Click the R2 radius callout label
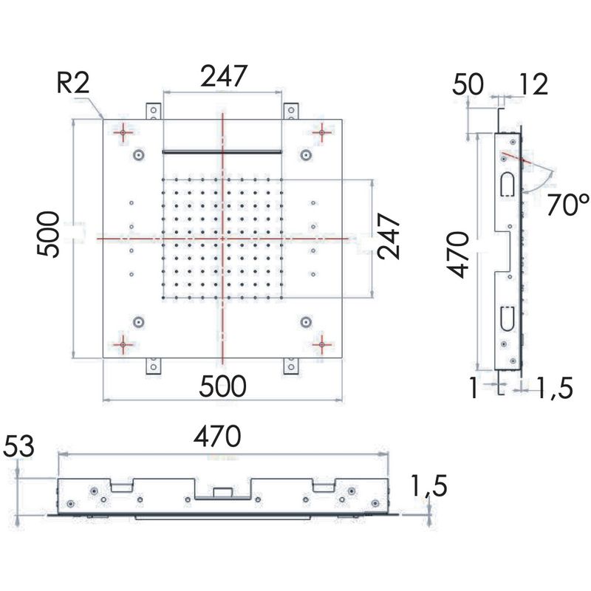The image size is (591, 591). [x=72, y=83]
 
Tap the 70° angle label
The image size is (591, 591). [x=567, y=205]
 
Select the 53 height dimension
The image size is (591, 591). [x=18, y=446]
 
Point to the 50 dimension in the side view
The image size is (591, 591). [x=468, y=84]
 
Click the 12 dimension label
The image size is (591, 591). [x=533, y=84]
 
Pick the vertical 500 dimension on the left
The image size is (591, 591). [x=49, y=234]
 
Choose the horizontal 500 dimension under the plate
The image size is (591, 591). [x=222, y=386]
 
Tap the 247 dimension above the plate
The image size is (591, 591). [x=224, y=76]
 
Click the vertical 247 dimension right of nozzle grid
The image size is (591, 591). [x=389, y=236]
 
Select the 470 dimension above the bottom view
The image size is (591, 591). [x=217, y=436]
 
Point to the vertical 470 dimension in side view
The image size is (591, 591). [x=458, y=255]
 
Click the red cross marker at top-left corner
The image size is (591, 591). [x=123, y=132]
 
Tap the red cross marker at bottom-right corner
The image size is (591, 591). [x=321, y=344]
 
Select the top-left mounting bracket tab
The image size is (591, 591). [x=154, y=112]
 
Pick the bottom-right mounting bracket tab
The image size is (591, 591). [x=291, y=366]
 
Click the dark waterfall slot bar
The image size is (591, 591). [x=222, y=152]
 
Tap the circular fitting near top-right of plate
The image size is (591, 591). [x=306, y=155]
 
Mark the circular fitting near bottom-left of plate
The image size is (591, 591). [x=139, y=322]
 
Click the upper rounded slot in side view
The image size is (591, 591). [x=507, y=185]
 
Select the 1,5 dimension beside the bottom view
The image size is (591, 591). [x=429, y=485]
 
